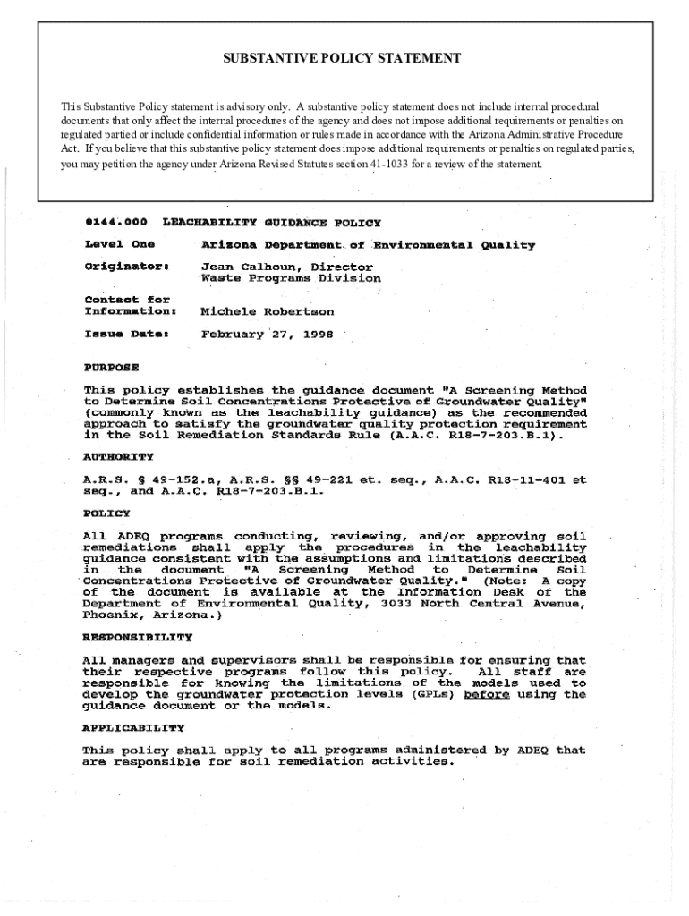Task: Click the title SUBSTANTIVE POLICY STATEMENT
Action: [342, 58]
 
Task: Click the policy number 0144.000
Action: [115, 221]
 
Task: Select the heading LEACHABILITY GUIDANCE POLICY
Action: [271, 222]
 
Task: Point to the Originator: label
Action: [127, 266]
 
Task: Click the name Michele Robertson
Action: [268, 311]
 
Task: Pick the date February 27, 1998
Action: [254, 335]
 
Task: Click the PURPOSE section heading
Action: [111, 367]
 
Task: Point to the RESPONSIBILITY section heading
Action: [137, 638]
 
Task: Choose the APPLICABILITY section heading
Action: [133, 728]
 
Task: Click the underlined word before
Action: [486, 694]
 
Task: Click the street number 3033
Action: [398, 604]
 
